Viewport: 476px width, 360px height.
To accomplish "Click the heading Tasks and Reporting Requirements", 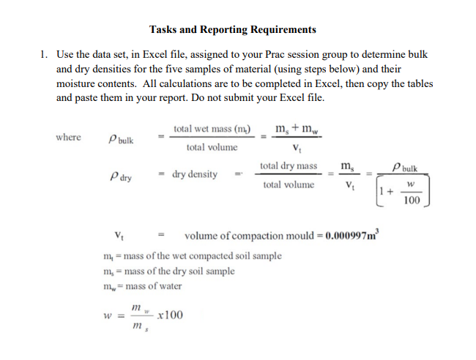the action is click(233, 30).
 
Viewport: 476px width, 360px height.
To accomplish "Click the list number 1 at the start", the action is click(44, 55).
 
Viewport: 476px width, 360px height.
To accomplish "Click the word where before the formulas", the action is click(68, 137).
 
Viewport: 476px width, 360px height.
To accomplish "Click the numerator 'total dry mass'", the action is click(289, 167).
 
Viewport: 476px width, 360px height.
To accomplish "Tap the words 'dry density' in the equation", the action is click(195, 175).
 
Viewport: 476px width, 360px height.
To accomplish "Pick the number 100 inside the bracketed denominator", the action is click(412, 200).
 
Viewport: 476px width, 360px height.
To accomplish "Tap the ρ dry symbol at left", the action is click(120, 176).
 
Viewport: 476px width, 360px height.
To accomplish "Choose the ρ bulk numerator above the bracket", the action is click(406, 168).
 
